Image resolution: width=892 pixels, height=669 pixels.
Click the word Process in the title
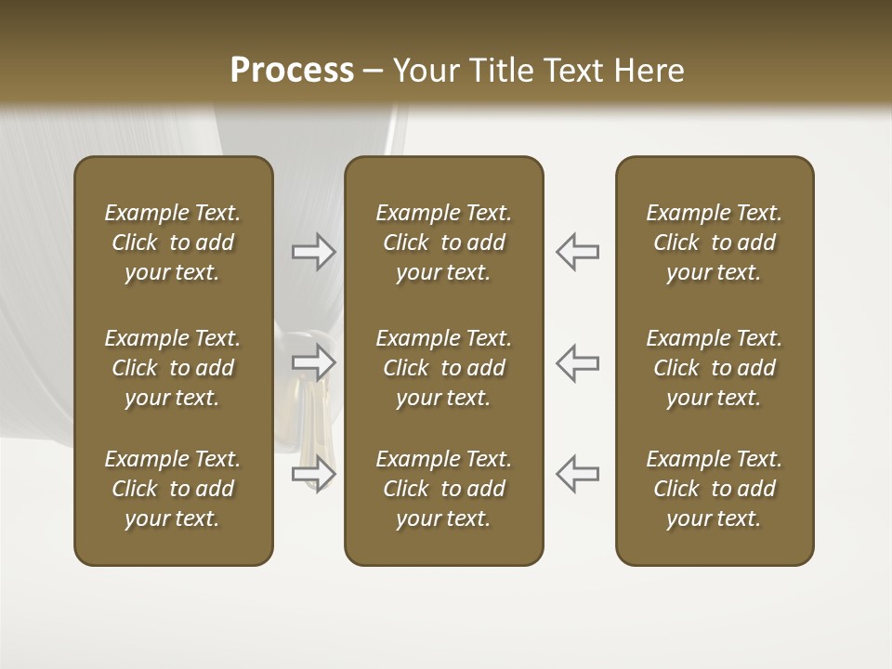(x=292, y=71)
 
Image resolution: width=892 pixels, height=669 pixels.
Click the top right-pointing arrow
(x=314, y=252)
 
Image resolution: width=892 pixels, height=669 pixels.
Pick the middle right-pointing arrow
(x=314, y=361)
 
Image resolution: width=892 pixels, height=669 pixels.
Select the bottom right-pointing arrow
(x=314, y=474)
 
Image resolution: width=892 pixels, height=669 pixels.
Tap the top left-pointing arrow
(x=577, y=252)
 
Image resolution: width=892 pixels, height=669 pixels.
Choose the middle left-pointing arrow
(x=577, y=361)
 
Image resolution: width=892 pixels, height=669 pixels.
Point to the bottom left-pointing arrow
(x=577, y=474)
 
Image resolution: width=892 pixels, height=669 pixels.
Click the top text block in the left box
(x=173, y=243)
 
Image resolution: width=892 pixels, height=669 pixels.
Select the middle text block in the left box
(x=173, y=368)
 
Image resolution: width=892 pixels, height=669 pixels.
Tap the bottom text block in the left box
(x=173, y=489)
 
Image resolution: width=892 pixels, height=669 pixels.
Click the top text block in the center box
(x=443, y=243)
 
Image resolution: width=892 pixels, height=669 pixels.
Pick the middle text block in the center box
(x=443, y=368)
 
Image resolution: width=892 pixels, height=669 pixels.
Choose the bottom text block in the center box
(x=443, y=489)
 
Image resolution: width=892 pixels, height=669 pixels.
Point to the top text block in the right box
(x=714, y=243)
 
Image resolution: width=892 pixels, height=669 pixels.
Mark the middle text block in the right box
(x=714, y=368)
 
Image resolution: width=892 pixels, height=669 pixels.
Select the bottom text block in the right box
(x=714, y=489)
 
